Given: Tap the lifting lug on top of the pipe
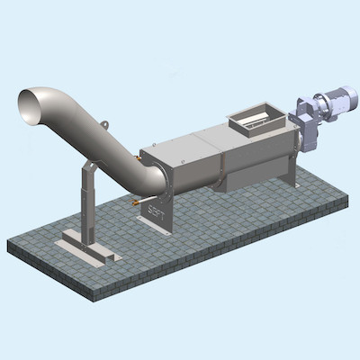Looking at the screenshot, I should click(x=105, y=125).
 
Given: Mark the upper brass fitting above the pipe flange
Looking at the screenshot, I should click(x=137, y=159).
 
